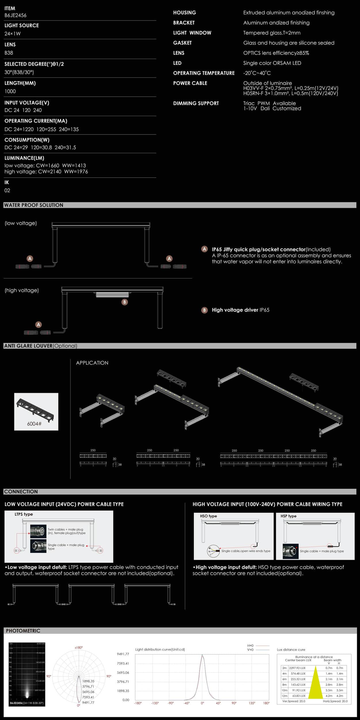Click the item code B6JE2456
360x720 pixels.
[x=15, y=15]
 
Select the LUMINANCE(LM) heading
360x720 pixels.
[x=24, y=158]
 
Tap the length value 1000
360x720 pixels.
[x=10, y=91]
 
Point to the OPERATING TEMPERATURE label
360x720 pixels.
[x=204, y=73]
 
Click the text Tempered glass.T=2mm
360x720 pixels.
[x=272, y=33]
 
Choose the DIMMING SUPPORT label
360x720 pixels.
[x=196, y=103]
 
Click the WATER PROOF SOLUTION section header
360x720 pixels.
[x=33, y=205]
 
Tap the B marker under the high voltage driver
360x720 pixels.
[x=124, y=302]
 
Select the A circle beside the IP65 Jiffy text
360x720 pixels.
[x=204, y=249]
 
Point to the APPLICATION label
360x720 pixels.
[x=92, y=363]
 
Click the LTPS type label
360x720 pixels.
[x=24, y=514]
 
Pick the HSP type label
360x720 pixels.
[x=288, y=516]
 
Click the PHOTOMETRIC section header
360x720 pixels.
[x=23, y=631]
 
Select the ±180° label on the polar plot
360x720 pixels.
[x=79, y=648]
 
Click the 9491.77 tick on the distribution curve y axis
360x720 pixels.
[x=123, y=654]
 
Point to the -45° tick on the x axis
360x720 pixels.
[x=187, y=703]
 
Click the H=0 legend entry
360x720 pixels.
[x=250, y=645]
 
